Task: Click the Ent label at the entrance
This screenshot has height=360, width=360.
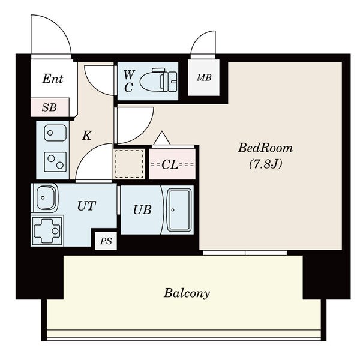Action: click(53, 79)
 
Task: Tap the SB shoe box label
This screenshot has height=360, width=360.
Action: click(49, 107)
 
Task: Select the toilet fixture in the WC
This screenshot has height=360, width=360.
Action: click(158, 80)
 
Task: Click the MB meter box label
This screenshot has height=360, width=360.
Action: click(204, 78)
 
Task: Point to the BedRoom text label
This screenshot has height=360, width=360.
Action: click(265, 148)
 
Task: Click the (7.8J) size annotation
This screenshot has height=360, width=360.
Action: click(266, 164)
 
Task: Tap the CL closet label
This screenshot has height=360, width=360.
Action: click(170, 164)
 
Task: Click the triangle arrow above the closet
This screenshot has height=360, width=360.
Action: click(162, 138)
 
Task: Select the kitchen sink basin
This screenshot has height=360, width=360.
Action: click(55, 133)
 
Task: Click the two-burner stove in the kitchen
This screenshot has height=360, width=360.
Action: click(55, 162)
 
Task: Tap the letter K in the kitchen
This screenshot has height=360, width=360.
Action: click(87, 135)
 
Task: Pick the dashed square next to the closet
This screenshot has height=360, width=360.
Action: click(129, 163)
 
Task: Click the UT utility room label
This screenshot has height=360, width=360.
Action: click(86, 206)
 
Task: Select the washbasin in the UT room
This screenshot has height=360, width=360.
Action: click(46, 197)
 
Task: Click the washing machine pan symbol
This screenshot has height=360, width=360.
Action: click(47, 230)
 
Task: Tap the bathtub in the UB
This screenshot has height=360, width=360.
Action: click(179, 210)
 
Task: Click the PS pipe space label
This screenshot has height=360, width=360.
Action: click(106, 241)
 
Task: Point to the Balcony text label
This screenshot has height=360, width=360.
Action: click(187, 293)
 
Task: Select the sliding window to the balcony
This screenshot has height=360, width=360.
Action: click(245, 253)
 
